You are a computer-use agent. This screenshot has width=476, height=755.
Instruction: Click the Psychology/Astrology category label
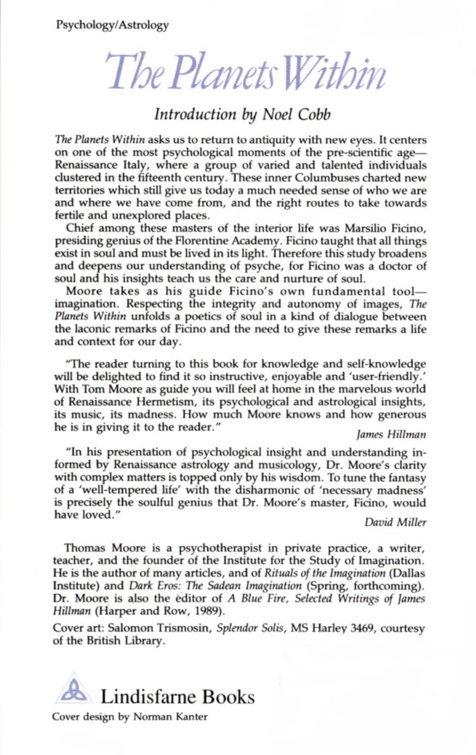[112, 25]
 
